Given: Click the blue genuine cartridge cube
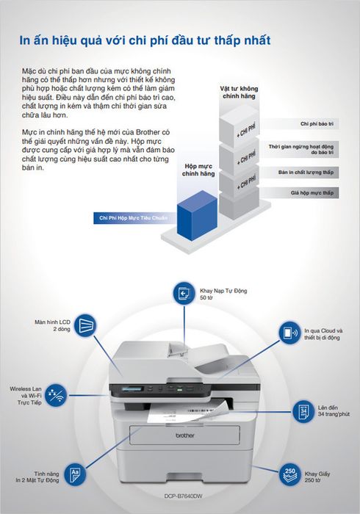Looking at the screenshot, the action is tap(197, 215).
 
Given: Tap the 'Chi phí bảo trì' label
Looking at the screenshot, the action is tap(317, 124).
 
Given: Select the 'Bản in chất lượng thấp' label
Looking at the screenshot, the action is tap(306, 173).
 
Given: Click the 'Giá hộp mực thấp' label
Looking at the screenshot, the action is tap(312, 192).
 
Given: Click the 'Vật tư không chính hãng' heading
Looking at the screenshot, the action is tap(239, 92).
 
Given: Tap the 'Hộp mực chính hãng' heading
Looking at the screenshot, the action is tap(198, 170).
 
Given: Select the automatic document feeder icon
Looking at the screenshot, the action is tap(184, 293).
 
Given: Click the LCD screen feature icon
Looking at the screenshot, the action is tap(85, 325).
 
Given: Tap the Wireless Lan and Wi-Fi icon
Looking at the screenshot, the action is tap(55, 395).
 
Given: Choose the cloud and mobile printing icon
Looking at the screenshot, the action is tap(289, 333).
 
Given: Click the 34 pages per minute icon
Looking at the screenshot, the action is tap(303, 411).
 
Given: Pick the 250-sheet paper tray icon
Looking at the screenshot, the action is tap(289, 474).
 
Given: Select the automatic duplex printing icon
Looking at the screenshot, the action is tap(75, 474).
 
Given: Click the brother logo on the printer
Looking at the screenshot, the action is tap(185, 435).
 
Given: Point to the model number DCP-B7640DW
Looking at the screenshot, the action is tap(183, 496).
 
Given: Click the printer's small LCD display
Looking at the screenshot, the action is tap(132, 389).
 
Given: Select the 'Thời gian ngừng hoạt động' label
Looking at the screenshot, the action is tap(301, 147).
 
